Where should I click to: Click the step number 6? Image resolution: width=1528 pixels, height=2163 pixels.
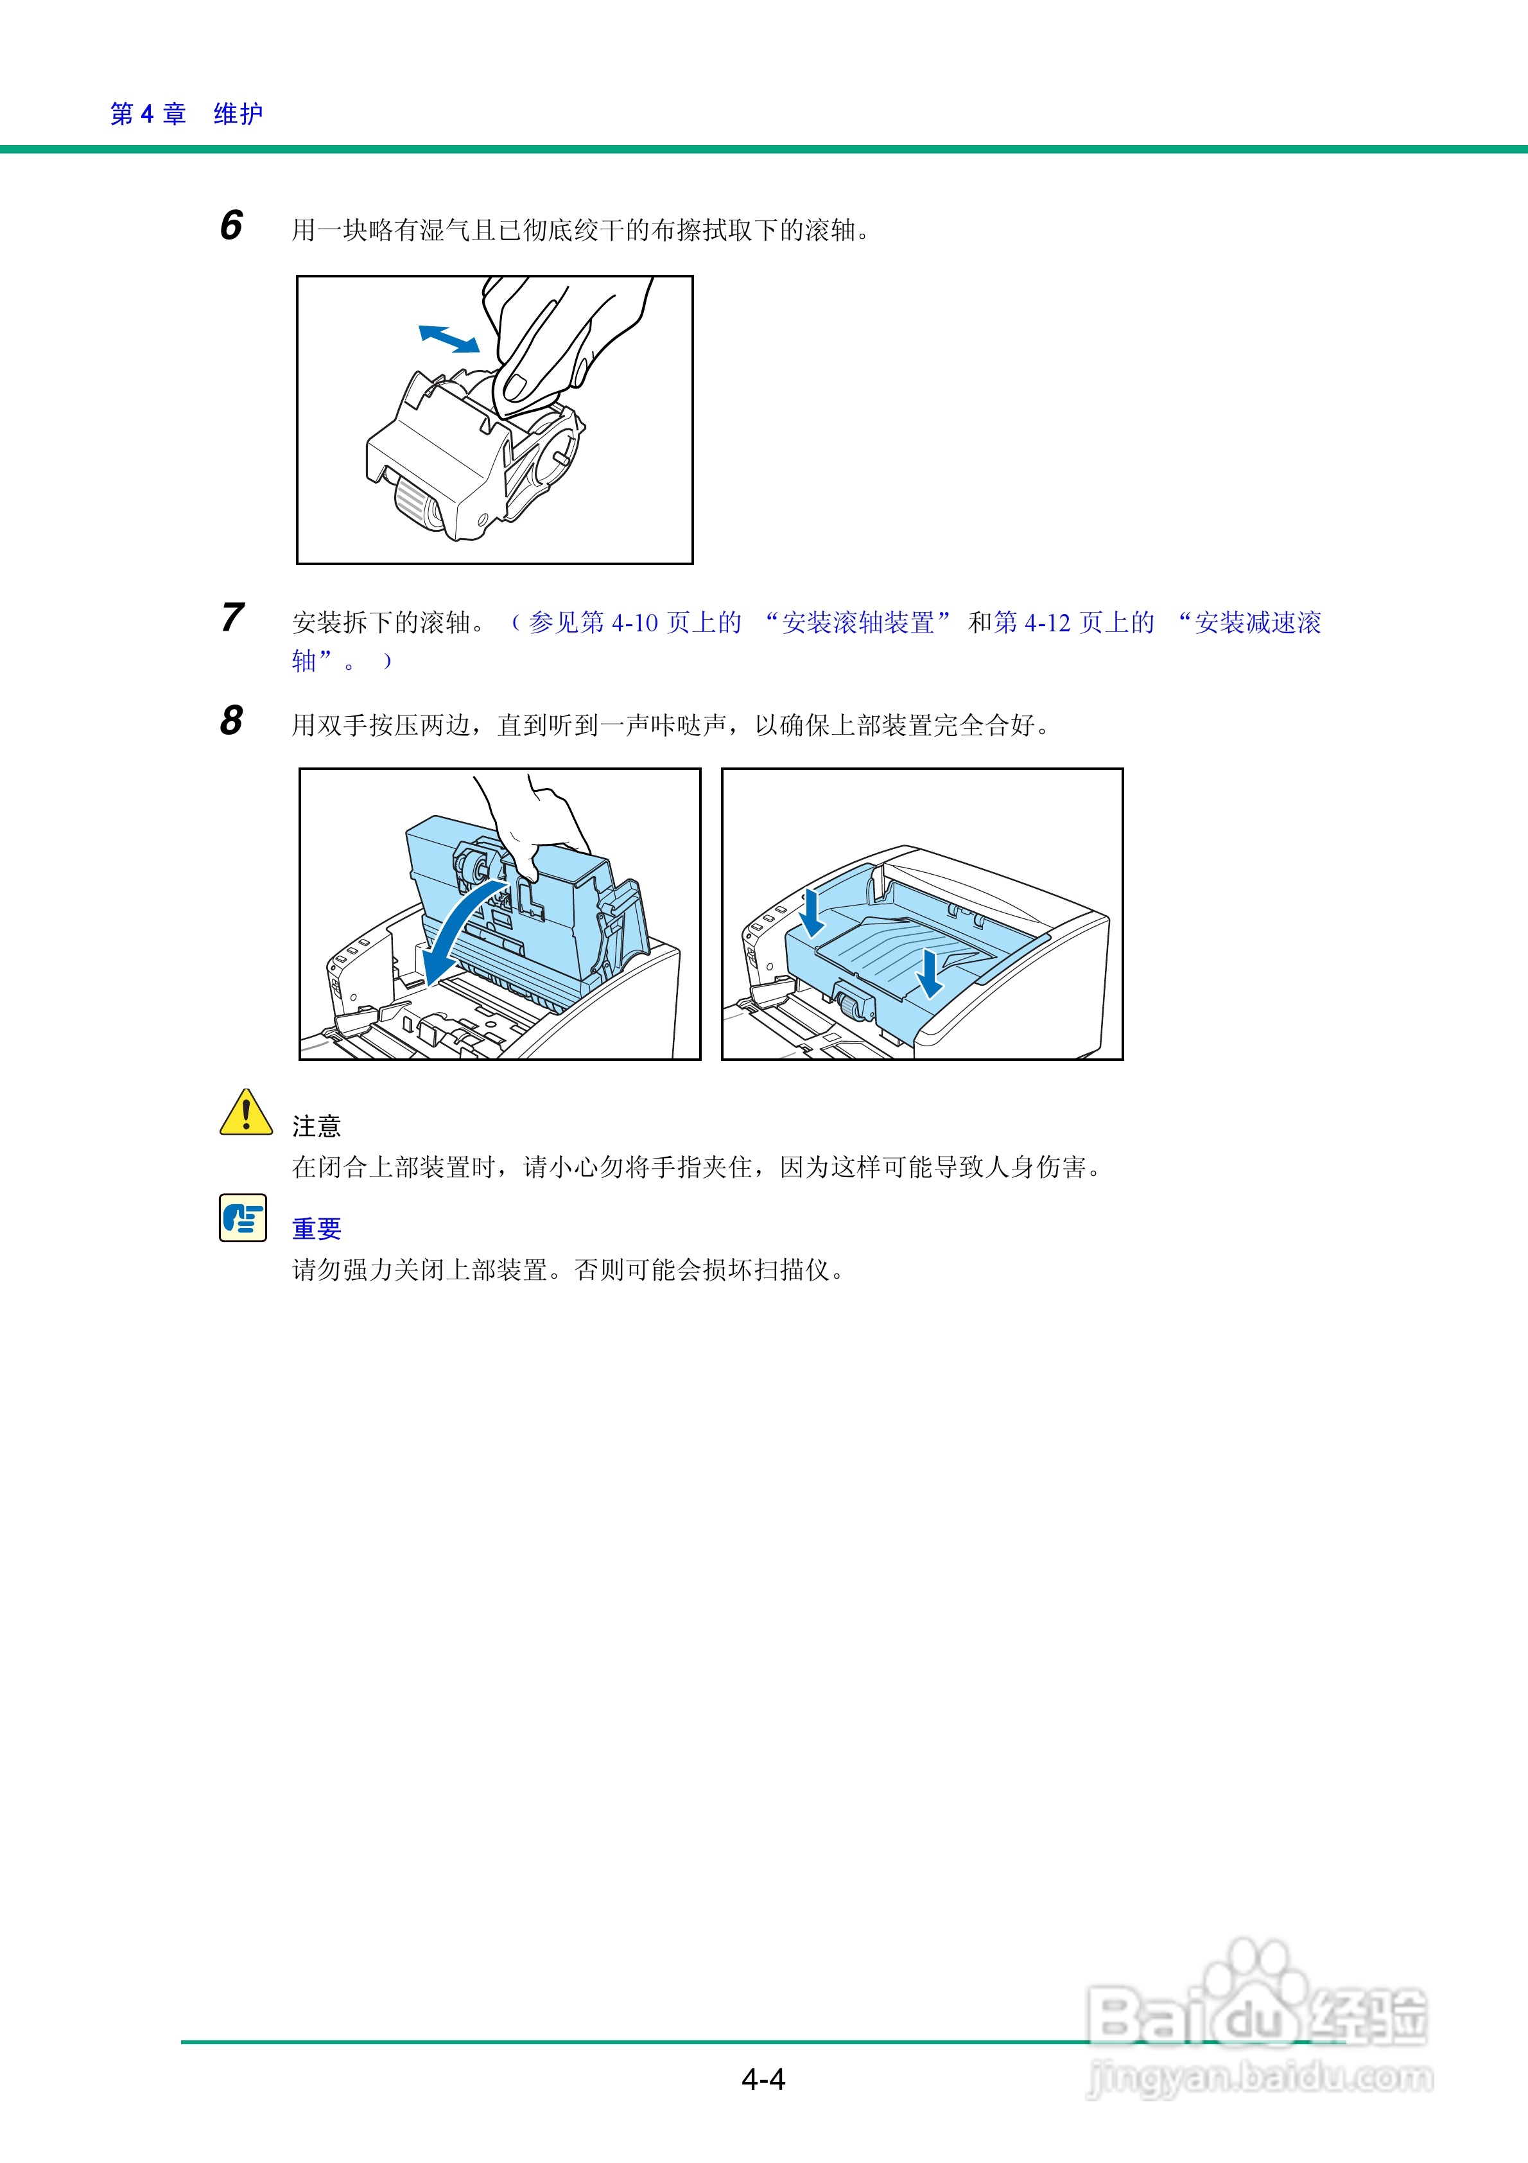coord(230,226)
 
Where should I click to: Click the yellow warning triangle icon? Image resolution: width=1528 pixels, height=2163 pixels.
coord(245,1114)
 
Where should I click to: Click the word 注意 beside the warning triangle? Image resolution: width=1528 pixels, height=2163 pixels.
coord(317,1126)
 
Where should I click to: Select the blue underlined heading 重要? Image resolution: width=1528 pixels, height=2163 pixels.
coord(317,1229)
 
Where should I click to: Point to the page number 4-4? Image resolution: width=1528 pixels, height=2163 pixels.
coord(763,2079)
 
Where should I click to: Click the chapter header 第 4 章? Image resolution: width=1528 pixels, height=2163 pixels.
coord(148,114)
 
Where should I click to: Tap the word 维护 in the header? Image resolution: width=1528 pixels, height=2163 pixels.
coord(238,114)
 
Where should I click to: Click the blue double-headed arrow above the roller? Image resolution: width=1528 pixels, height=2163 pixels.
coord(448,338)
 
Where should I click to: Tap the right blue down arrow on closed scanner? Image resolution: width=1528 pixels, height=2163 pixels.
coord(930,972)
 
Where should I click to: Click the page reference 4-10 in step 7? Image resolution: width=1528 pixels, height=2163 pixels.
coord(635,623)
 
